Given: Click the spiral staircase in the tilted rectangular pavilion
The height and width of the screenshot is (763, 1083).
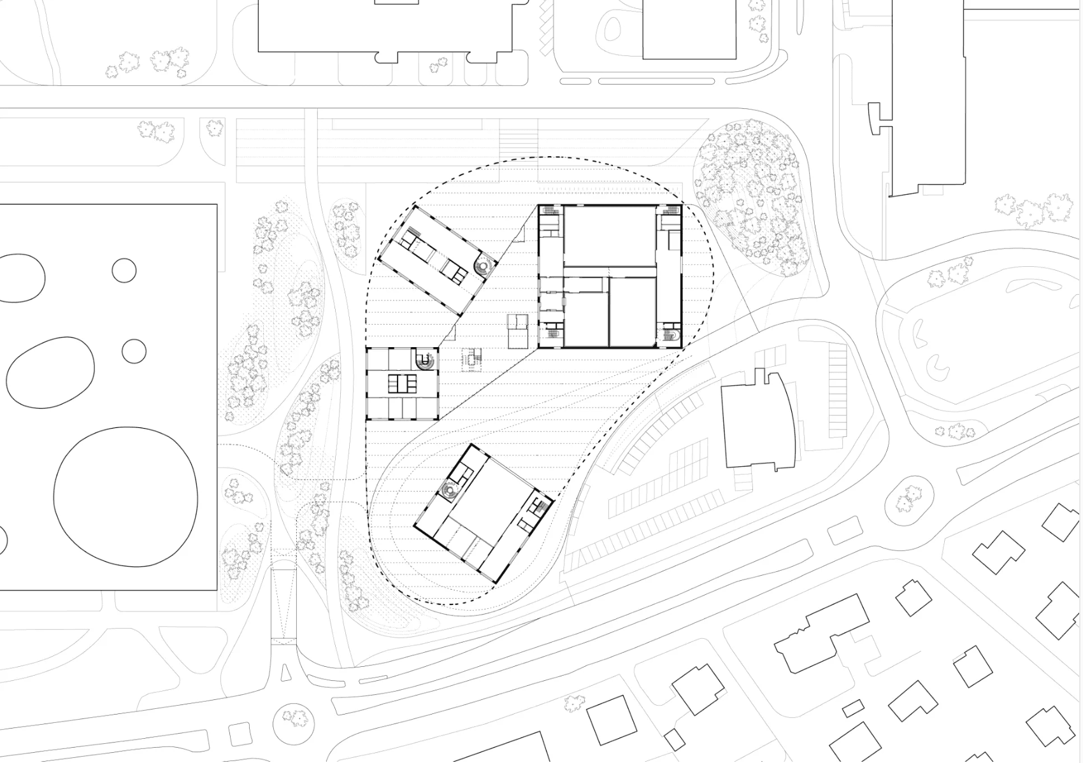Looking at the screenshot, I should point(484,265).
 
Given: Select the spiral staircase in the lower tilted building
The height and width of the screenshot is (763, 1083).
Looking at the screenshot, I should point(450,492).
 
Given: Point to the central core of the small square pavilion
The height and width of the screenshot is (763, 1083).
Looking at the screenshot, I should point(403,384).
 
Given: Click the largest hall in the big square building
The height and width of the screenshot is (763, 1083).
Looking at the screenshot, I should point(610,236).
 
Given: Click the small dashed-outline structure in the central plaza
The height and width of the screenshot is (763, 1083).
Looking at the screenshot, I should point(472,360).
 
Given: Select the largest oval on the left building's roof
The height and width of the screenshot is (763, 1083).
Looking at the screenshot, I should point(126,495).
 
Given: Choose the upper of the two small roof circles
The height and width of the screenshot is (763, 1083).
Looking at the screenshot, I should point(124,270).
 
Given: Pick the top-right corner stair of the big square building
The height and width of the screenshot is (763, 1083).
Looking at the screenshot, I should point(671,211).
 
